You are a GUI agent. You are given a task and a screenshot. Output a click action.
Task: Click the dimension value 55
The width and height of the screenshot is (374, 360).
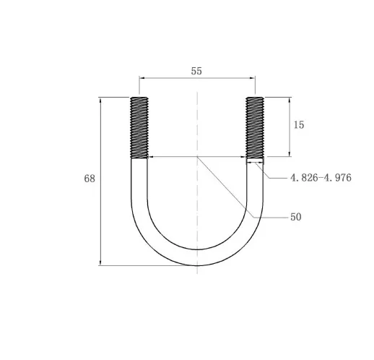coord(196,71)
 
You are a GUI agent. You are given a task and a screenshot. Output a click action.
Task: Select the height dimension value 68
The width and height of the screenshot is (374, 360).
coord(90,179)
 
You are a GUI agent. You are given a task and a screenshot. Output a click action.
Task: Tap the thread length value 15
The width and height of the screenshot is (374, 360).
coord(299,125)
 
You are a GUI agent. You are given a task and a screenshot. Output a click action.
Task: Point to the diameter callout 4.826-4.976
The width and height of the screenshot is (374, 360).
coord(321,177)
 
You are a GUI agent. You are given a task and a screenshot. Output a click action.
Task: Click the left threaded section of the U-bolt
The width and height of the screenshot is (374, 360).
coord(139,127)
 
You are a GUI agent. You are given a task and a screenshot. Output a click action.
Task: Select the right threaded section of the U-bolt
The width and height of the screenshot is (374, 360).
coord(255,127)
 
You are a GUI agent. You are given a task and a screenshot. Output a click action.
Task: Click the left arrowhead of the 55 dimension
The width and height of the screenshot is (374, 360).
coord(142,78)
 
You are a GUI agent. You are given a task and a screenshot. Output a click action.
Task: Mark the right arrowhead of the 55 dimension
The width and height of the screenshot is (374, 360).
coord(252,78)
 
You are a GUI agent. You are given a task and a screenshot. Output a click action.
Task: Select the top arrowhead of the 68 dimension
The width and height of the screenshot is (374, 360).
coord(100,100)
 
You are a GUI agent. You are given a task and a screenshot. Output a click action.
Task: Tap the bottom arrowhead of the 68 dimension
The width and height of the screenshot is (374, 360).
coord(100,262)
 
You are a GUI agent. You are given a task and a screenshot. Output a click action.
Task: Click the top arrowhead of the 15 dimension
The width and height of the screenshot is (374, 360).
coord(290,100)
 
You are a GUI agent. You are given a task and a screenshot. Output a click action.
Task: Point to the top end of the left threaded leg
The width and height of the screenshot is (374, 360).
coord(139,98)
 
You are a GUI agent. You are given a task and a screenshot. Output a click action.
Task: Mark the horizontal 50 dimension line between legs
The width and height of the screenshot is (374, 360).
coord(173,156)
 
